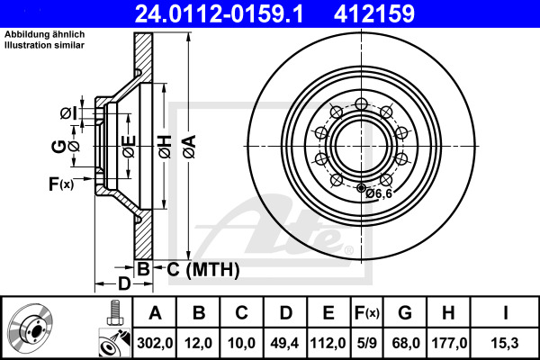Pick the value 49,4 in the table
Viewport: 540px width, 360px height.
[x=285, y=342]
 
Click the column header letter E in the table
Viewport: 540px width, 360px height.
[x=327, y=314]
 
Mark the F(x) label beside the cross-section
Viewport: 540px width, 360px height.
[x=59, y=184]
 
